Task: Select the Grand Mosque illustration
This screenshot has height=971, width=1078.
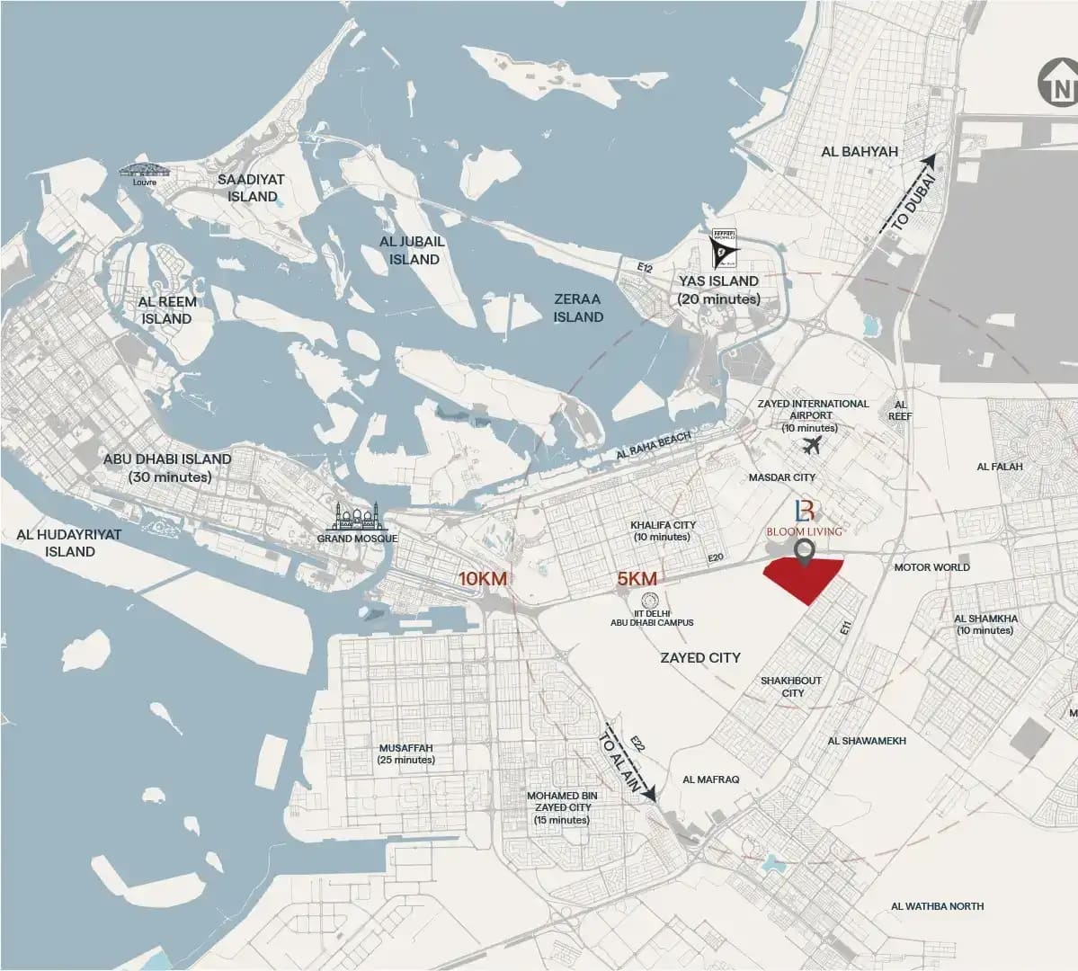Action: point(357,516)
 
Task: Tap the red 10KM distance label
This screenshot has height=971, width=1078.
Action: point(484,579)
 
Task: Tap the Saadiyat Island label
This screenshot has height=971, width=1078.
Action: point(252,188)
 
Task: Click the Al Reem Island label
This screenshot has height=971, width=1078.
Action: point(167,310)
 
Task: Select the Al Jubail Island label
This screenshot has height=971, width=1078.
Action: point(412,250)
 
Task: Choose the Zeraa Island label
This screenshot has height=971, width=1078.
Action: point(578,307)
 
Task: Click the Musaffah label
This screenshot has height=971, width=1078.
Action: point(406,753)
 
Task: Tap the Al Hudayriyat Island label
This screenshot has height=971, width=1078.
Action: point(68,542)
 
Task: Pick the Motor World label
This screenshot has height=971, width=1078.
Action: point(931,567)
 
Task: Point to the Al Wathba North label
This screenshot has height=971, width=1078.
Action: point(938,906)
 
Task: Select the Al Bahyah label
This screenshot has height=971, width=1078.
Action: point(860,151)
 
